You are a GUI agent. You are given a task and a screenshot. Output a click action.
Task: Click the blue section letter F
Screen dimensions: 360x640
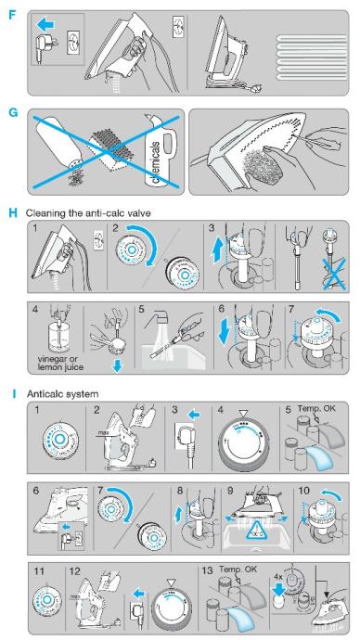coord(12,15)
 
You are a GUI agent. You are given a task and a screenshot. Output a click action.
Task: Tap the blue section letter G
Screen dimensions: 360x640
coord(13,112)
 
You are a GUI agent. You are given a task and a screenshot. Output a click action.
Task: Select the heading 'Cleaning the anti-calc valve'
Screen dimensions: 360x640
coord(88,212)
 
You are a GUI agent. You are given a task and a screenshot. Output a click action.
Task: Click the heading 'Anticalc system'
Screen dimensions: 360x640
coord(62,394)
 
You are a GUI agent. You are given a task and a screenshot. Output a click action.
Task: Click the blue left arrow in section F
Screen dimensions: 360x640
coord(47,25)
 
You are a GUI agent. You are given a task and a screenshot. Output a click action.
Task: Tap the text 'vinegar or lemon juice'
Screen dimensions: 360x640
coord(60,364)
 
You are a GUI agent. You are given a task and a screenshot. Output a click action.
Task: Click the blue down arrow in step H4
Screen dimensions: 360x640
coord(118,366)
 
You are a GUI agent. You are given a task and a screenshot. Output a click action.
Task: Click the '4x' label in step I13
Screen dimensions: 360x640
coord(278,578)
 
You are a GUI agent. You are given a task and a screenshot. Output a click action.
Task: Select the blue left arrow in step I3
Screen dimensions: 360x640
coord(195,416)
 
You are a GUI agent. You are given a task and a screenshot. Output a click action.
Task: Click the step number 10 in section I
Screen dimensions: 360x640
coord(303,491)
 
